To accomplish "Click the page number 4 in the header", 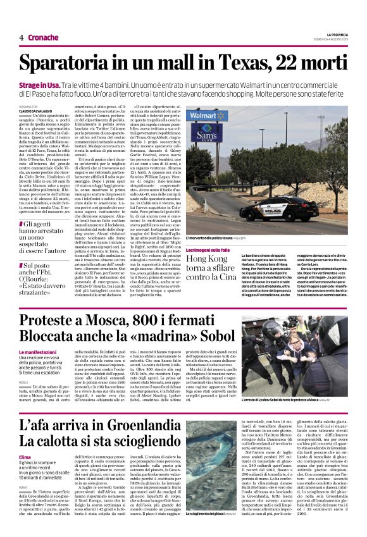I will tap(22, 37).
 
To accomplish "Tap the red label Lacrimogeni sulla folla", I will tap(208, 250).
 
